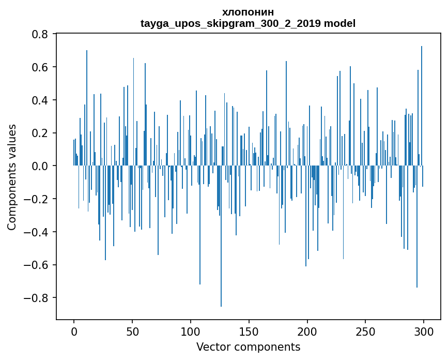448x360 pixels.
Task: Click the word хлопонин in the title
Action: tap(248, 12)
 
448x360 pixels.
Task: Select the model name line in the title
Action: tap(248, 23)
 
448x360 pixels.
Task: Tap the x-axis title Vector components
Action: tap(248, 347)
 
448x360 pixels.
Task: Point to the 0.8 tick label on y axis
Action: tap(40, 34)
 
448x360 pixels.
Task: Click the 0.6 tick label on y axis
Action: tap(40, 67)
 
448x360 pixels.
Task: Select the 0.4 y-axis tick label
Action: tap(40, 100)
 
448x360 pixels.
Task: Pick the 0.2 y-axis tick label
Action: tap(40, 133)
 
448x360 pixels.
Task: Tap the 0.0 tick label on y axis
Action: tap(40, 166)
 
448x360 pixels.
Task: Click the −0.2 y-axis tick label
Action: tap(36, 199)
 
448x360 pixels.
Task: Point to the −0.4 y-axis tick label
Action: tap(36, 232)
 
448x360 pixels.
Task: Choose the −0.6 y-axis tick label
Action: tap(36, 265)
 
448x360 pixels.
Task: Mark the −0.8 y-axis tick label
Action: tap(36, 298)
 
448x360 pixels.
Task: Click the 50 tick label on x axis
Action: tap(132, 331)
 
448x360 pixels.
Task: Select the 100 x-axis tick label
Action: tap(191, 331)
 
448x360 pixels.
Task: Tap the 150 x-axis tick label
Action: tap(249, 331)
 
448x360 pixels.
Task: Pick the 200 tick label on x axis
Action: tap(307, 331)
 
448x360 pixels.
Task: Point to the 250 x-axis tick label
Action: tap(366, 331)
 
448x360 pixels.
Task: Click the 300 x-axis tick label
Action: tap(424, 331)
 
